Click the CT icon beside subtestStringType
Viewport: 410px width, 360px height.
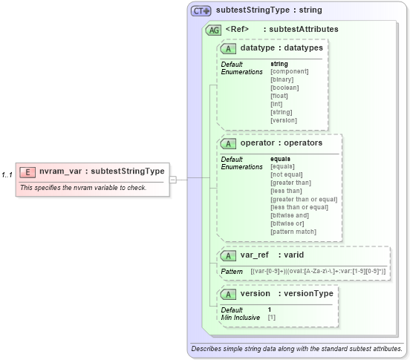201,11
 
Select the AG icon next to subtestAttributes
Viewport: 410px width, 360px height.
213,30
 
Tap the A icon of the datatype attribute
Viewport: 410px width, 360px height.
229,48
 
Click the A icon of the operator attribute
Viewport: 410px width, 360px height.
229,143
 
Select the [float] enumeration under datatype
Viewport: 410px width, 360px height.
280,96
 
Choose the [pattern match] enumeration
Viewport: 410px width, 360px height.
293,232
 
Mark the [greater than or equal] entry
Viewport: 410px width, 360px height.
304,199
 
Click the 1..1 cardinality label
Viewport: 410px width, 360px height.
7,175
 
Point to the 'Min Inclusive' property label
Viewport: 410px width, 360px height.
241,317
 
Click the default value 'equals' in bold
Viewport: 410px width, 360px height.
280,159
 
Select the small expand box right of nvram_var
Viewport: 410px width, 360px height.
172,178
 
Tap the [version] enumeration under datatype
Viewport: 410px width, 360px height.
284,120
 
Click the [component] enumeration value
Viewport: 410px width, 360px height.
289,71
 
